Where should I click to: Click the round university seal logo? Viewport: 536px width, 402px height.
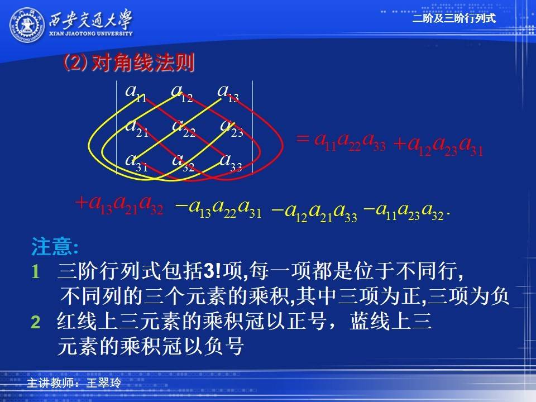coord(27,25)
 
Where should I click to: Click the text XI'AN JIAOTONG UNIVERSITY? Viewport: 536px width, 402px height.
coord(90,33)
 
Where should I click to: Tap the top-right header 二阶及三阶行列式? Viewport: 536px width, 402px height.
coord(454,18)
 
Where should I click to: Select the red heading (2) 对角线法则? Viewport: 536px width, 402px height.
coord(129,63)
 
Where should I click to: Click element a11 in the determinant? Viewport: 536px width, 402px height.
coord(136,93)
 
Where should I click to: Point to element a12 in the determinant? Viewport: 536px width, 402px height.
coord(182,93)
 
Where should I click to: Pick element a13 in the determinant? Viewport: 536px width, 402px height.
coord(228,93)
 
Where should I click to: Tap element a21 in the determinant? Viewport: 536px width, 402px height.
coord(137,128)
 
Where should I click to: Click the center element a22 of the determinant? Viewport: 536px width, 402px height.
coord(184,128)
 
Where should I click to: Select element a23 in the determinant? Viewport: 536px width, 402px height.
coord(231,128)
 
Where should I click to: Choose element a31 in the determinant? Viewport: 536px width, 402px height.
coord(136,162)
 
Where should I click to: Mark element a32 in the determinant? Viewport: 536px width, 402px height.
coord(184,162)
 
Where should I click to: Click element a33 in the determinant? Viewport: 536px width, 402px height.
coord(231,162)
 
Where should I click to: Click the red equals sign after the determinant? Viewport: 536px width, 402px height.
coord(303,139)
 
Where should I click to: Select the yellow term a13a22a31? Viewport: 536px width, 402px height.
coord(218,208)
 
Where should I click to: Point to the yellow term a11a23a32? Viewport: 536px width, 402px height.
coord(404,210)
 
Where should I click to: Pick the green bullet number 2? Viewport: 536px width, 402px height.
coord(35,322)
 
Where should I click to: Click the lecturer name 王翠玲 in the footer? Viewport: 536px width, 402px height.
coord(104,383)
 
